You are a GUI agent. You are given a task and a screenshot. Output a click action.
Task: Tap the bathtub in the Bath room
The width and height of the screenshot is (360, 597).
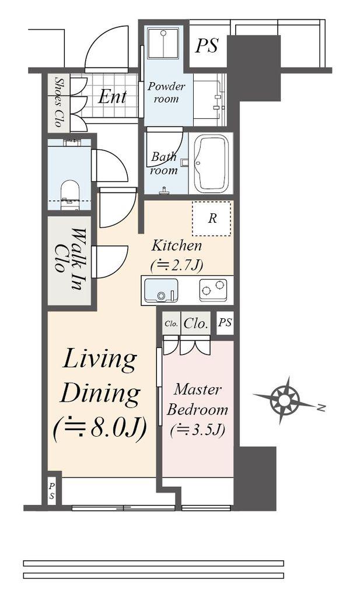coord(212,163)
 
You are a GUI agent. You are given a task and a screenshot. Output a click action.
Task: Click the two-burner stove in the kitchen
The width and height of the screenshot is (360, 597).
coord(213,290)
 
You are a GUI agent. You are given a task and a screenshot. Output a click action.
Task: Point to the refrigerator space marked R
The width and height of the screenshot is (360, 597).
coord(212,219)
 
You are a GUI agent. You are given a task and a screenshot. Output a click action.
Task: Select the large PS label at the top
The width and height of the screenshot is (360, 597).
coord(207,45)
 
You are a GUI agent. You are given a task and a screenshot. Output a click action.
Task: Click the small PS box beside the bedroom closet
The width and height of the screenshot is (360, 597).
coord(225,323)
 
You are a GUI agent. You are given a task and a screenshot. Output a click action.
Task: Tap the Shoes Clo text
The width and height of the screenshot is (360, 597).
coord(59,101)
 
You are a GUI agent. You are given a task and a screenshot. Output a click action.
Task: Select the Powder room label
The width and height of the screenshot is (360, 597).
coord(166,93)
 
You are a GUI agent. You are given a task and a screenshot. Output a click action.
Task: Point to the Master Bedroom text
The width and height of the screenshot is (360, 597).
coord(197,399)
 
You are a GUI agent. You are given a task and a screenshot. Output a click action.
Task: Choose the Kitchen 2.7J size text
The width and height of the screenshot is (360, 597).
coord(177,265)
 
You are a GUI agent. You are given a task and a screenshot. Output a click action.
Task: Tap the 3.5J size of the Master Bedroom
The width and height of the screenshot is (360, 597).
coord(197,430)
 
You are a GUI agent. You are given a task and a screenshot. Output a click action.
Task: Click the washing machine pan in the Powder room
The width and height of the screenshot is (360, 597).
coord(163,42)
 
